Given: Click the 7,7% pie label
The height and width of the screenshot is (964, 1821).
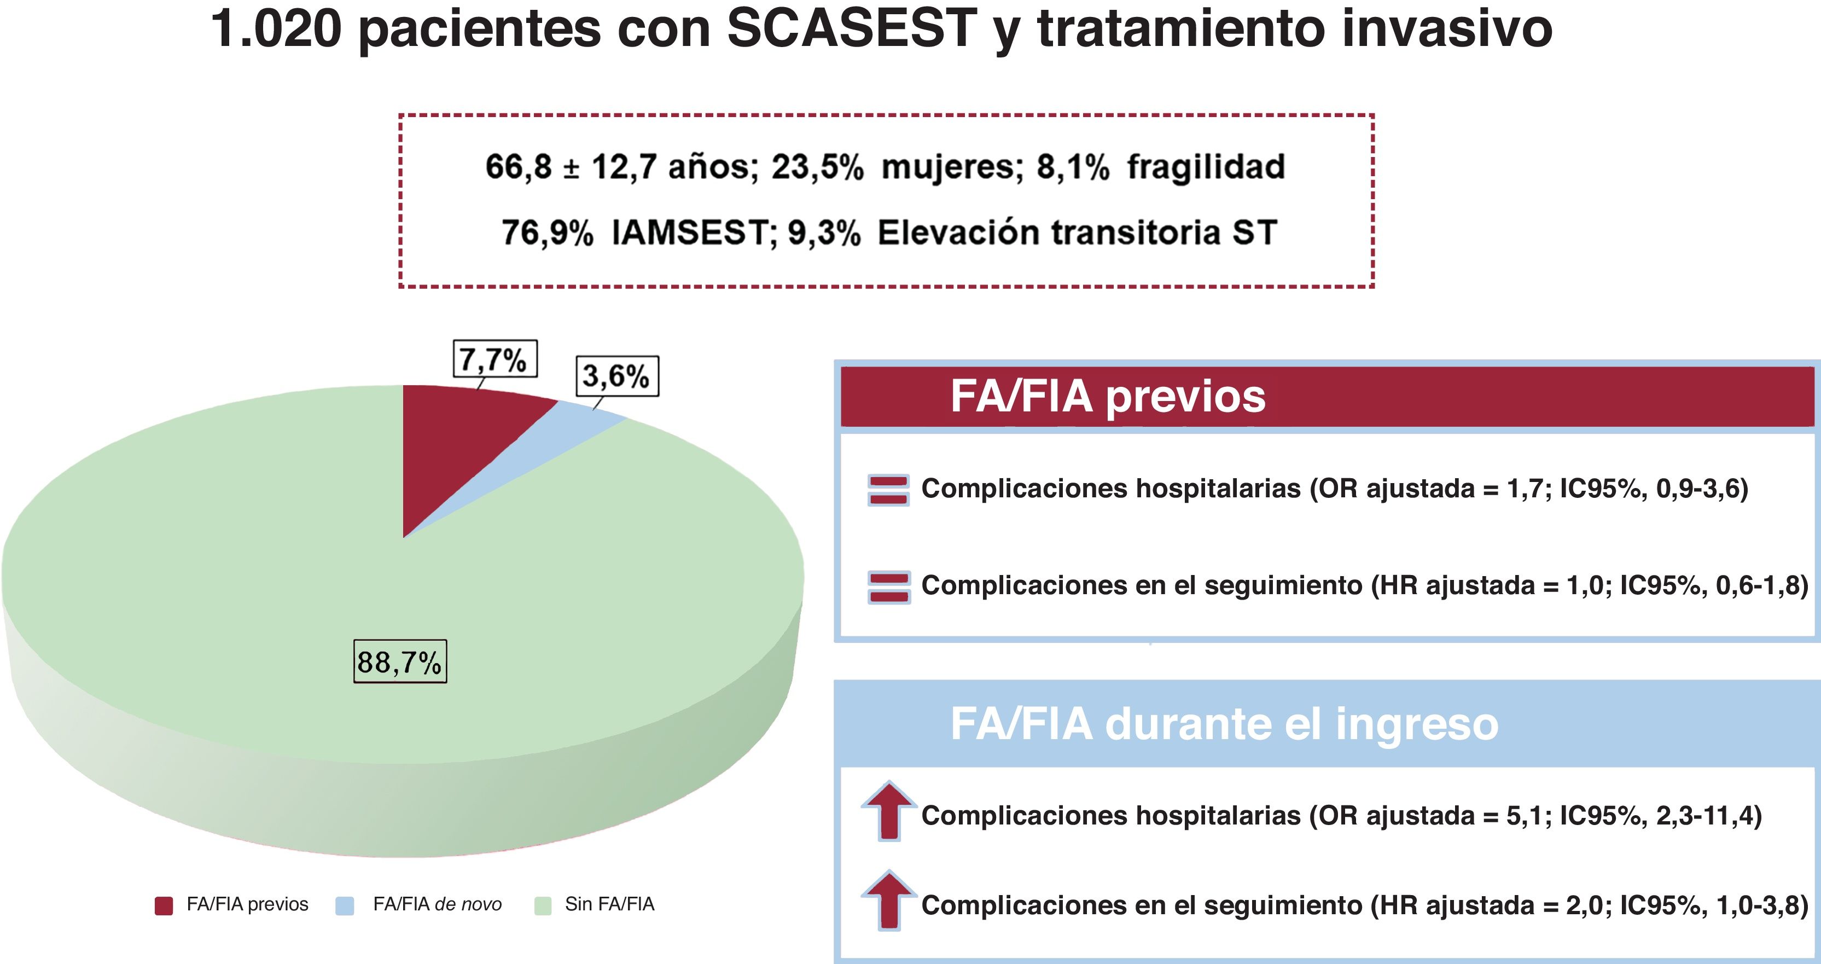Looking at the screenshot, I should coord(494,359).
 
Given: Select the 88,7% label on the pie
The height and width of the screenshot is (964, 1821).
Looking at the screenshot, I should coord(399,662).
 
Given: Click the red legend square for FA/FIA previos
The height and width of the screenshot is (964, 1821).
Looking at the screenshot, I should coord(164,906).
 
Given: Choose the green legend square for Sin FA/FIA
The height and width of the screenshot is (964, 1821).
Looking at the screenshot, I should coord(543,906).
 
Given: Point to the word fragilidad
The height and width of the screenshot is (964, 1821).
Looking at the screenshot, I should coord(1205,167).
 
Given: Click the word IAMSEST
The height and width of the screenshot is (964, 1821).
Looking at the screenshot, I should coord(690,233).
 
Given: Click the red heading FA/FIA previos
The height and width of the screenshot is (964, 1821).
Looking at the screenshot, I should coord(1107,396).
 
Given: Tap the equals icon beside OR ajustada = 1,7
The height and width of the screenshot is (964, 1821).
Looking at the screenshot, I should coord(888,490).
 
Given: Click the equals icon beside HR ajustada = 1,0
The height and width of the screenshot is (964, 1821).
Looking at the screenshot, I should coord(888,587).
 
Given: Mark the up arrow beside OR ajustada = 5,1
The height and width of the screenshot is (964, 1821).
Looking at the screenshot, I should coord(888,811).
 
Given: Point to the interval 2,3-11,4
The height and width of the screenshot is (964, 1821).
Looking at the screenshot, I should coord(1700,816).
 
